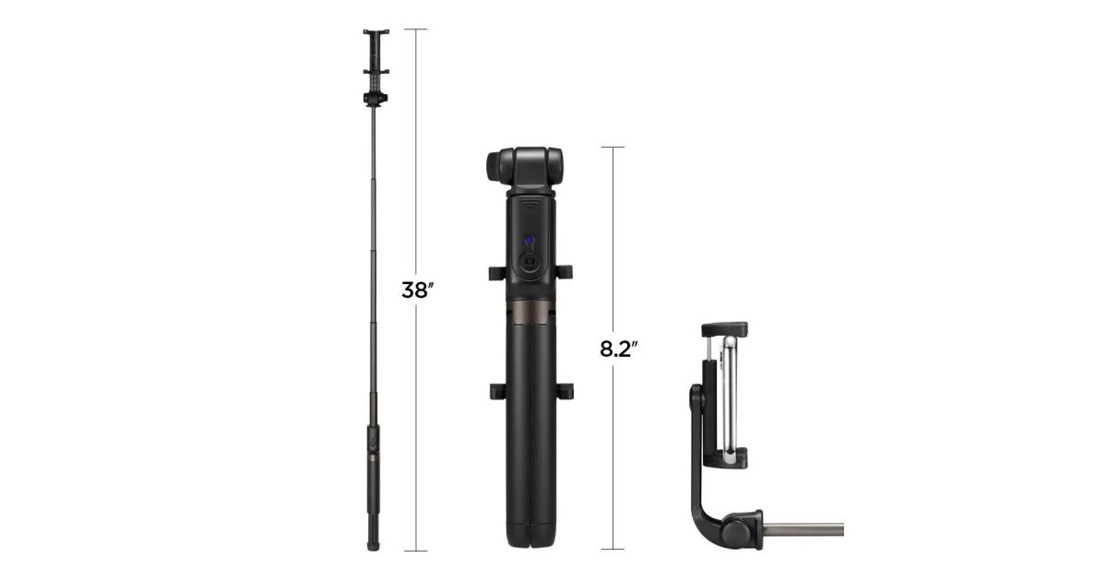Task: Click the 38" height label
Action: pos(417,290)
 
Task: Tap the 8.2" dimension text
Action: pos(618,349)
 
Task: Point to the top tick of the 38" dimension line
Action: pos(416,30)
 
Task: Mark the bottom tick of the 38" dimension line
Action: pos(416,551)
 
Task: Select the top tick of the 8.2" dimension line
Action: pos(613,148)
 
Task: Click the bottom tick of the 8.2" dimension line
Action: pos(613,549)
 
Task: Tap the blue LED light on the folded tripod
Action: pos(530,242)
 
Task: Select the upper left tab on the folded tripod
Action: pos(496,273)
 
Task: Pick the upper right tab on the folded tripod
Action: pos(564,272)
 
